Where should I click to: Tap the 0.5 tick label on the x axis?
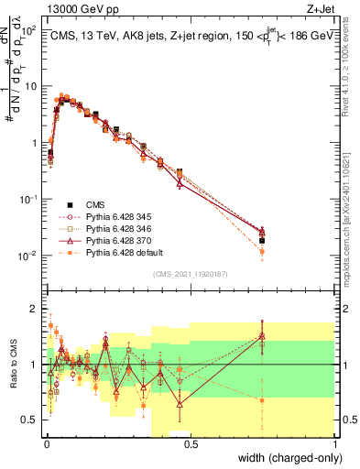pyautogui.click(x=190, y=442)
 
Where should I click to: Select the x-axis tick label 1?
pyautogui.click(x=335, y=442)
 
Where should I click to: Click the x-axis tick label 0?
pyautogui.click(x=45, y=442)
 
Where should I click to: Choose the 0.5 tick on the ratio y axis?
pyautogui.click(x=32, y=420)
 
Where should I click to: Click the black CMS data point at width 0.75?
pyautogui.click(x=262, y=241)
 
